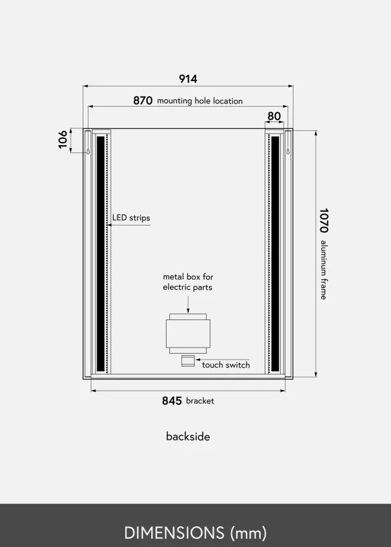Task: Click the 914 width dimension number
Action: click(188, 79)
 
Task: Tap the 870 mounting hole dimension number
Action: click(142, 101)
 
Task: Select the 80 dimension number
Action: click(274, 116)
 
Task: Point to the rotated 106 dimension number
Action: click(63, 139)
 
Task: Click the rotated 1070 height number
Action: click(324, 220)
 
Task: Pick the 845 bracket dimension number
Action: click(172, 401)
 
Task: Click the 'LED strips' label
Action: click(131, 217)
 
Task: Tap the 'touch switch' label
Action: click(226, 365)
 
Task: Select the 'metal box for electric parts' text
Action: click(188, 282)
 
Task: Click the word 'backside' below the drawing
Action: click(188, 436)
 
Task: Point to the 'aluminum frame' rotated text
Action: click(324, 270)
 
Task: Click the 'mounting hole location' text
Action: click(200, 101)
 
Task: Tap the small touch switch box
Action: click(188, 360)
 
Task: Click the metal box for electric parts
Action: click(188, 334)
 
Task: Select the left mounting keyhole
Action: click(88, 152)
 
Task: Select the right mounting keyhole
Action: click(288, 152)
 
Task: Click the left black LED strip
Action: click(101, 254)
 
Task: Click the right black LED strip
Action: click(275, 254)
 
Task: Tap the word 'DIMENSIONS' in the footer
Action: click(174, 533)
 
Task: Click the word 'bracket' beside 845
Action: click(200, 401)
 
